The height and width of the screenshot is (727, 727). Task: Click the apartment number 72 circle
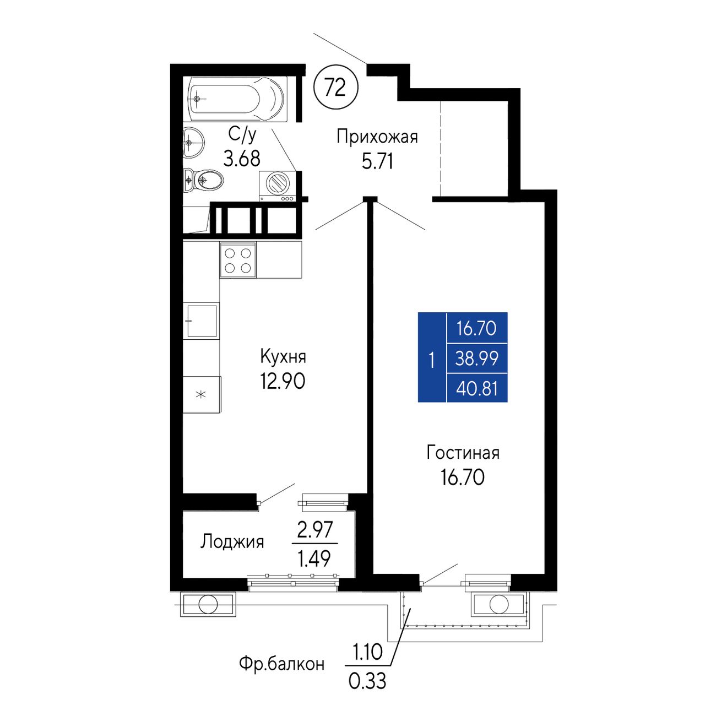point(336,88)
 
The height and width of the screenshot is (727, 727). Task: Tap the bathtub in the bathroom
point(237,99)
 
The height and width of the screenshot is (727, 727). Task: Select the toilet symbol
point(203,180)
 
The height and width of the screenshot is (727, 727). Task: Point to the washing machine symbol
point(277,186)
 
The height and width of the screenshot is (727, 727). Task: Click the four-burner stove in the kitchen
point(238,260)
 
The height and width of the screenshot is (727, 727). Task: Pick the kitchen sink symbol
point(201,321)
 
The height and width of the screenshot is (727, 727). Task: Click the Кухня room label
point(283,356)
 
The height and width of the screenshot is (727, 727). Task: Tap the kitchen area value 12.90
point(283,382)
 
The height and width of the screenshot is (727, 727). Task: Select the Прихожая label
point(377,137)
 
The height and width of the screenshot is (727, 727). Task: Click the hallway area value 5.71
point(377,162)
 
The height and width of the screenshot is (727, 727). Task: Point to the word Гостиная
point(463,453)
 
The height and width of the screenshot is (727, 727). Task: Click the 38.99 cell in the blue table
point(477,358)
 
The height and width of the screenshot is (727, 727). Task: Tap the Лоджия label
point(232,542)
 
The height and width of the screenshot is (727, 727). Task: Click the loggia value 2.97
point(315,529)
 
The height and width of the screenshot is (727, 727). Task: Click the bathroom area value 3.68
point(242,159)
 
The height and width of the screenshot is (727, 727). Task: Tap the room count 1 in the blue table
point(432,360)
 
